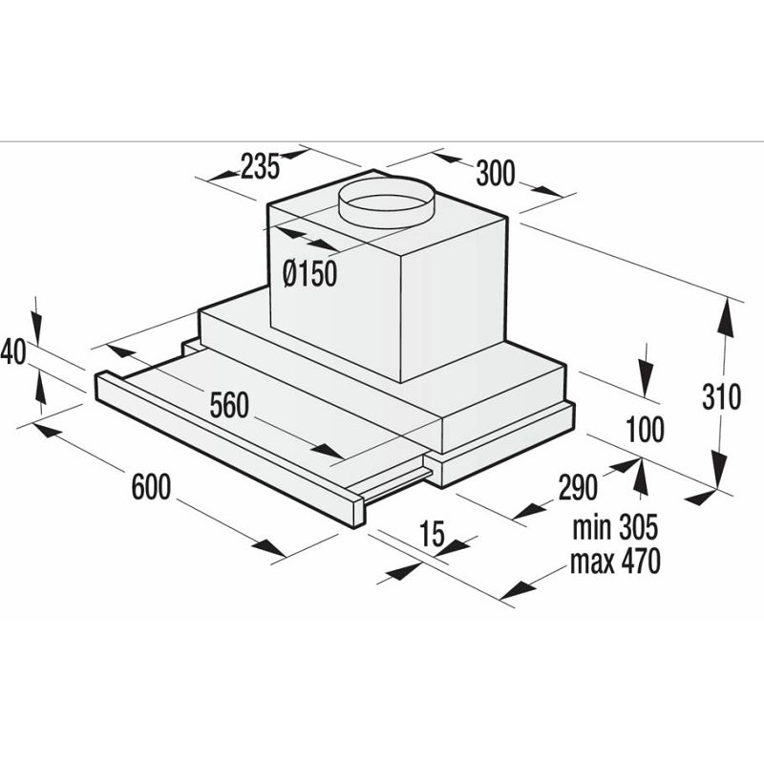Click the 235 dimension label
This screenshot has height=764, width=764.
(260, 168)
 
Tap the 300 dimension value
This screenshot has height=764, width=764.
(495, 173)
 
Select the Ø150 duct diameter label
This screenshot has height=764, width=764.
(310, 275)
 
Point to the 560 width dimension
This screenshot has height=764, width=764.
(229, 406)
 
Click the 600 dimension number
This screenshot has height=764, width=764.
(151, 487)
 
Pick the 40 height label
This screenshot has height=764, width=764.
(11, 352)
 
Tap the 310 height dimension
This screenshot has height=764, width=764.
(721, 396)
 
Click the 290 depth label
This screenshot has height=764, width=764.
(578, 487)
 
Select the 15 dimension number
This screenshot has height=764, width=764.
(432, 536)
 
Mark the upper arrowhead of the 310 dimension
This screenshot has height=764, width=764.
(728, 315)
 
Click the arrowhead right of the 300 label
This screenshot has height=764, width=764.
(545, 191)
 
